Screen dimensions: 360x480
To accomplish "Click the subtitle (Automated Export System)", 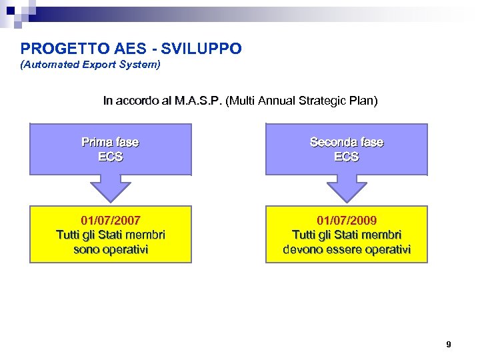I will [91, 65].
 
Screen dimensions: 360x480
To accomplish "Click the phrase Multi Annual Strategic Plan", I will [302, 101].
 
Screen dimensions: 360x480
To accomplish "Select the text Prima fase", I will [110, 142].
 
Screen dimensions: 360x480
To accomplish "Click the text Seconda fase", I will [347, 142].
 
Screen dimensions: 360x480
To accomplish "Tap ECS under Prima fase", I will [110, 157].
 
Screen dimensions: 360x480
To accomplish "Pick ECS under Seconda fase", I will [347, 157].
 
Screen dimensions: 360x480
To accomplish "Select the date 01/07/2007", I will [111, 219].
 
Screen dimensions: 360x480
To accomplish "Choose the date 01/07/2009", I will [347, 219].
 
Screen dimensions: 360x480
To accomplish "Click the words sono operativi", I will [111, 249].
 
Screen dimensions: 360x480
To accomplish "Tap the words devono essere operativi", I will [347, 249].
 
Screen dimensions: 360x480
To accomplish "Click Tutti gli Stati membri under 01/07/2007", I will [111, 235].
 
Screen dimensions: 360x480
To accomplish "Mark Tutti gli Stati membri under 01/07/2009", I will [347, 235].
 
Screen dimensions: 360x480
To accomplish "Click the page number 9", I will [448, 345].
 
